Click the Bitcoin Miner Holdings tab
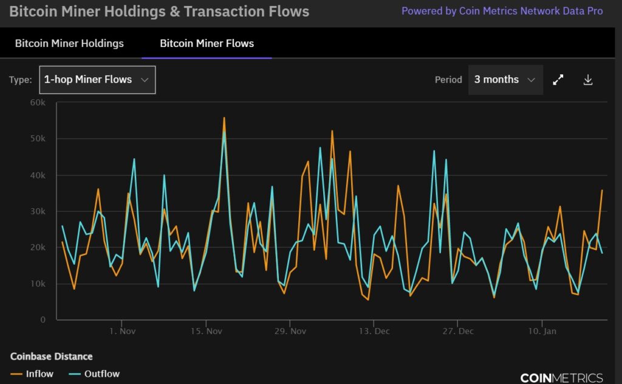coord(69,43)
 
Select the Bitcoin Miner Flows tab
coord(207,43)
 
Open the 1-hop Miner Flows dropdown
coord(97,80)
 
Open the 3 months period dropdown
coord(505,80)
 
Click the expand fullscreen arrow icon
coord(558,80)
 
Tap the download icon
coord(587,80)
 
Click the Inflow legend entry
coord(33,374)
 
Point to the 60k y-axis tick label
coord(38,102)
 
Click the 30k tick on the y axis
coord(38,211)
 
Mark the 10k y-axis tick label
coord(38,284)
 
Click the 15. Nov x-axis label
coord(207,331)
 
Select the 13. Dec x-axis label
coord(374,331)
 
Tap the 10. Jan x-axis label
coord(542,331)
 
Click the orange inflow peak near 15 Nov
coord(224,118)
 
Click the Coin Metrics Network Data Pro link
coord(502,11)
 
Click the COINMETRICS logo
coord(562,377)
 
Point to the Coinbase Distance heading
coord(52,356)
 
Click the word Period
coord(448,80)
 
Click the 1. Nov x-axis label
coord(121,331)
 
